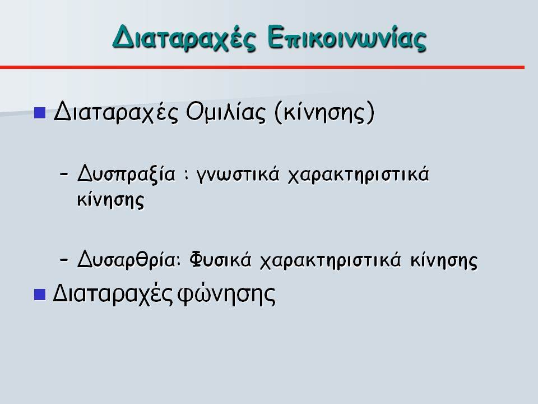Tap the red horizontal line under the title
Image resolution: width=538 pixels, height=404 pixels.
point(262,67)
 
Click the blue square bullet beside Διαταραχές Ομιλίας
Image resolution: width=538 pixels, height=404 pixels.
point(40,113)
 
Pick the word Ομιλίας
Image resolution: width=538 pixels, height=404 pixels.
point(226,112)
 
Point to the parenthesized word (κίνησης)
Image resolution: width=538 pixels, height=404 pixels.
point(324,112)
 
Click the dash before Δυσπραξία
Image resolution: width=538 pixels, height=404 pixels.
point(63,174)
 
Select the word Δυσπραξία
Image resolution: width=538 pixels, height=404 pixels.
point(126,174)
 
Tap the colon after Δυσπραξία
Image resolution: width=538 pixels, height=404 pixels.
point(186,175)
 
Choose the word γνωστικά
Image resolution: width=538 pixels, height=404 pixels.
point(238,175)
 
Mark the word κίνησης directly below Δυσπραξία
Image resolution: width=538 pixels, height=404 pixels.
point(110,200)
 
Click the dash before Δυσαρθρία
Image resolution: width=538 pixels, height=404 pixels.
point(63,260)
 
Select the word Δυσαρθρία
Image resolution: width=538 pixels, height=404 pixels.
point(128,259)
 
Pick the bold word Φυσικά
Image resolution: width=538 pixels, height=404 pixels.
point(220,259)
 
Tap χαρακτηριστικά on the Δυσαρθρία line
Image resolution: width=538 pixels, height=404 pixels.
point(331,260)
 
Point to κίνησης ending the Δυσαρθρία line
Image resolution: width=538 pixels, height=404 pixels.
point(444,260)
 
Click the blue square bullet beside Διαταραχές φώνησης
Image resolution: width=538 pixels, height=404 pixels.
point(40,295)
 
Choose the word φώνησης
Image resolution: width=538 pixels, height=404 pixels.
point(226,295)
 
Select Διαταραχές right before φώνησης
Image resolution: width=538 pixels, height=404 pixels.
point(113,295)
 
